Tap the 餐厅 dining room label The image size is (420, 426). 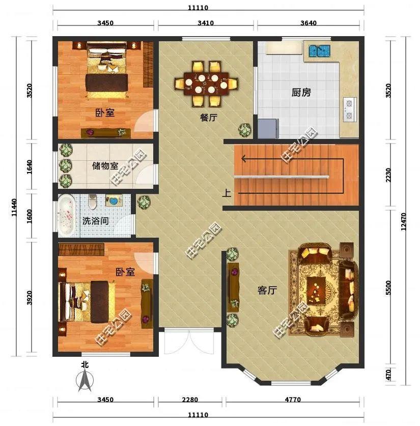pos(209,118)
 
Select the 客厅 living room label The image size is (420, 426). pos(267,291)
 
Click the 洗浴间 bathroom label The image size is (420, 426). pos(95,221)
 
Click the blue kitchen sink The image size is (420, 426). pos(319,51)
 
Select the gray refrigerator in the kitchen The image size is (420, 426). pos(268,128)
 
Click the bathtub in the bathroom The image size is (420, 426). pos(67,216)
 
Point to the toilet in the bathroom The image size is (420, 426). pos(92,202)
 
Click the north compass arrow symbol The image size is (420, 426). pos(85,380)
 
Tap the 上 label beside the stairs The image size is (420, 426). pos(227,193)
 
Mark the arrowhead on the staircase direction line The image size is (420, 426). pos(244,158)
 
